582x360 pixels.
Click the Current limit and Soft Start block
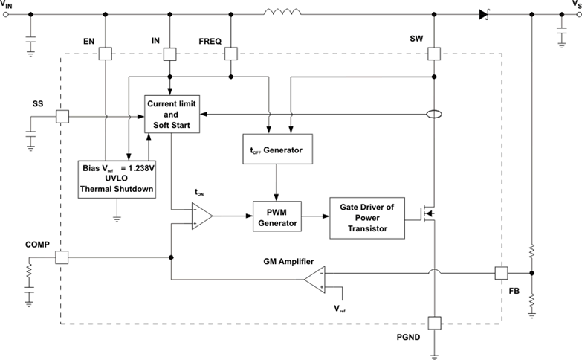tap(172, 115)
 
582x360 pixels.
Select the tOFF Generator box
tap(277, 150)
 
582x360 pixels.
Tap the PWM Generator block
tap(277, 217)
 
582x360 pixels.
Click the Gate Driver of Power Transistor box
tap(368, 217)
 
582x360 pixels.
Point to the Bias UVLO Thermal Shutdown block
tap(117, 178)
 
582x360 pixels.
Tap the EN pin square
tap(106, 54)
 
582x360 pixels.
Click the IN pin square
tap(170, 54)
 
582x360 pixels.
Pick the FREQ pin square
tap(231, 54)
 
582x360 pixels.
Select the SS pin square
tap(62, 116)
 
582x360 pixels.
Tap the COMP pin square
tap(62, 257)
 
